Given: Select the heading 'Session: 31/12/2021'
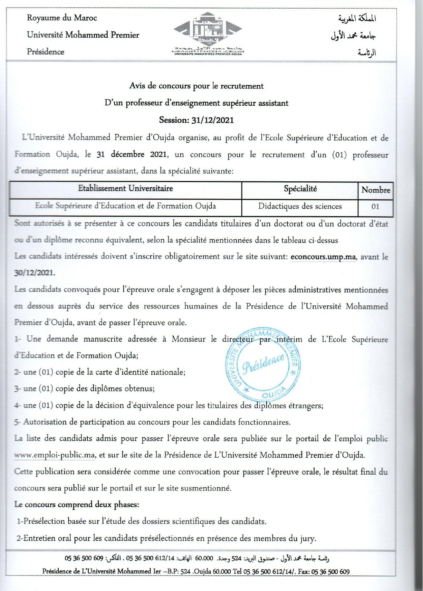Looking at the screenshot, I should coord(196,120).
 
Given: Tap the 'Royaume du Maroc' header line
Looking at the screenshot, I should coord(62,18).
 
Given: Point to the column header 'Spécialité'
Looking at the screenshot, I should coord(300,189).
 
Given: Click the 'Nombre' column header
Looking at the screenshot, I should coord(376,190).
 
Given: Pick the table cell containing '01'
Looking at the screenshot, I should coord(375,207).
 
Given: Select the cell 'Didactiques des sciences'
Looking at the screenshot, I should coord(300,207).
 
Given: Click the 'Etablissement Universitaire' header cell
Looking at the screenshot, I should coord(125,189).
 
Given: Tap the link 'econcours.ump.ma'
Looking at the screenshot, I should coord(323,257).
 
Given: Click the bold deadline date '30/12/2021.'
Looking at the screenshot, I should coord(35,273).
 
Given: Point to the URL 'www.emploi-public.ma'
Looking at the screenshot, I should coord(55,455).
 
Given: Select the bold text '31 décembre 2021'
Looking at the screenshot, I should coord(132,154).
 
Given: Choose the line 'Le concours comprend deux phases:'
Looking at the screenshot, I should coord(77,505).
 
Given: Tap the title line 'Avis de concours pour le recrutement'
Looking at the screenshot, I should coord(196,86).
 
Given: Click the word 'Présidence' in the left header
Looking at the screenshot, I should coord(46,52).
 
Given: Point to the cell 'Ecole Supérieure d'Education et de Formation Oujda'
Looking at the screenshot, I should coord(125,206).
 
